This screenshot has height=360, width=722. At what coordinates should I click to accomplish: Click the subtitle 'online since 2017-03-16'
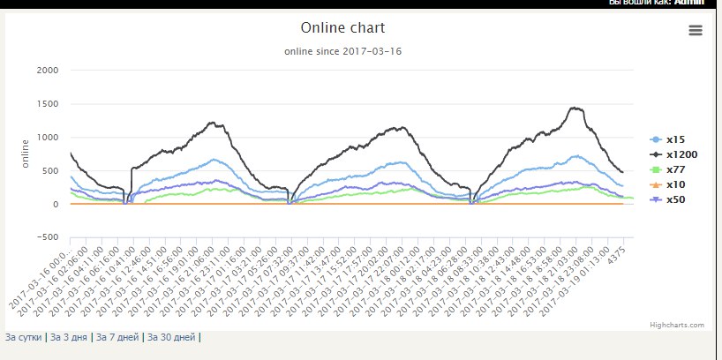(x=342, y=51)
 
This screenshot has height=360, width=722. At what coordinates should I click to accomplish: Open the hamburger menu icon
(x=696, y=31)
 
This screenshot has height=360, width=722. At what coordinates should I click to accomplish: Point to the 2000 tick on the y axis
(x=47, y=71)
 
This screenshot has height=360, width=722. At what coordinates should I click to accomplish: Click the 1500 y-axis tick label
(x=47, y=104)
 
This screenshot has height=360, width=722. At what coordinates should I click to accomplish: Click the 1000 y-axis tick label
(x=47, y=138)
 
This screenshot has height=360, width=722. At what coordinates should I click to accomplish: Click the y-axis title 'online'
(x=26, y=154)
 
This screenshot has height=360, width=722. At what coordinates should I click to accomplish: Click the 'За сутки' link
(x=24, y=337)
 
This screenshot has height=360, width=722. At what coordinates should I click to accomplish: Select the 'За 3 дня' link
(x=69, y=337)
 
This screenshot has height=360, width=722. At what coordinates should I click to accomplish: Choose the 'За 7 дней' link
(x=117, y=337)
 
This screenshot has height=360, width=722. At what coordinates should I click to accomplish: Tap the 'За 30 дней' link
(x=171, y=337)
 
